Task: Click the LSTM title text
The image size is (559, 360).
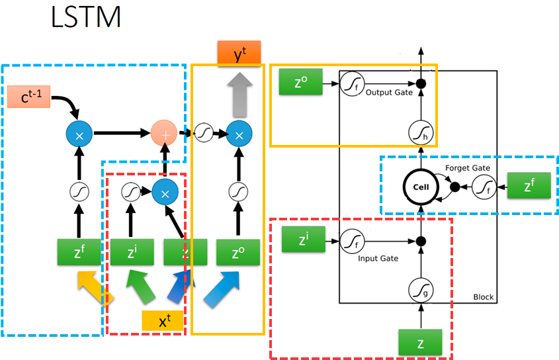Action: pos(86,17)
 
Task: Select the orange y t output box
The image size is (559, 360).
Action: pos(239,53)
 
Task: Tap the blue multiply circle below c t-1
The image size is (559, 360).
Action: pos(79,134)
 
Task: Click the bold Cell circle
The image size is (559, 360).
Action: pos(421,187)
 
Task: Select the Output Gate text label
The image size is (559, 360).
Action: pos(388,93)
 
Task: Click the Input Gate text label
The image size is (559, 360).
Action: pos(378,259)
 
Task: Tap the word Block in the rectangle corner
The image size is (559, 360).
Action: pos(483,297)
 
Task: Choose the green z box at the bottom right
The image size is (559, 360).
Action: pos(419,342)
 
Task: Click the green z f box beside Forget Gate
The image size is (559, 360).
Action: pos(528,186)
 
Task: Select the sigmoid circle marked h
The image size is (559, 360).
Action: pos(419,133)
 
